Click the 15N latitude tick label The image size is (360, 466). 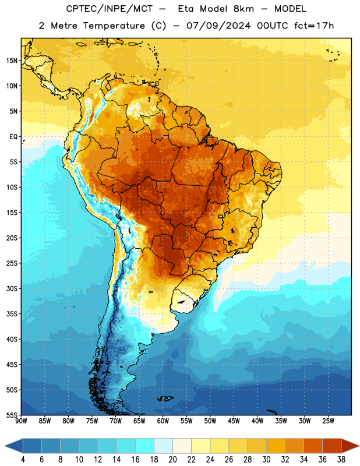click(12, 61)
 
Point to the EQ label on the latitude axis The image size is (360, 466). click(13, 137)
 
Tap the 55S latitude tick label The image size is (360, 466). click(12, 415)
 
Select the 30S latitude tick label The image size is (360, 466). click(12, 288)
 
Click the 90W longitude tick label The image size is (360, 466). click(21, 421)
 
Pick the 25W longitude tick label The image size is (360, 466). click(328, 421)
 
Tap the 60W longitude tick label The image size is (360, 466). click(163, 421)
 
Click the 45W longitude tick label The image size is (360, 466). click(234, 421)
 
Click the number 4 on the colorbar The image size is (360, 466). click(23, 460)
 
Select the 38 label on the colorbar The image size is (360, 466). click(341, 460)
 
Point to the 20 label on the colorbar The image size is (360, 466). click(172, 460)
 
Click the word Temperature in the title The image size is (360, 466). click(114, 26)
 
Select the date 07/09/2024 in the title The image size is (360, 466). click(218, 26)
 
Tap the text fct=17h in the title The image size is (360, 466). click(314, 26)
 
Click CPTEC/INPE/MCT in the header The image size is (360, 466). click(109, 9)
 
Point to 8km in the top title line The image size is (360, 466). click(243, 9)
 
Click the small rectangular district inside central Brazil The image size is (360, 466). click(221, 216)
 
